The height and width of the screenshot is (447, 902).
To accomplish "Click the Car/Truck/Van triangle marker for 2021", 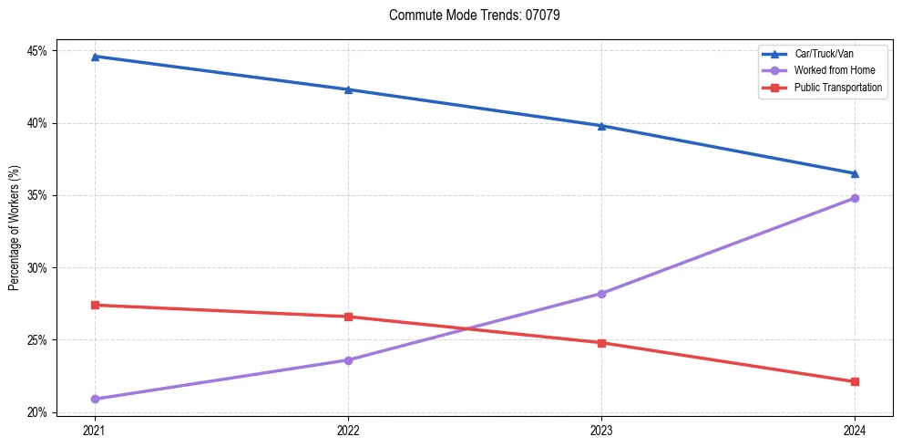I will pos(95,57).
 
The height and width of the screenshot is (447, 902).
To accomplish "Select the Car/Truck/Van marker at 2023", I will pos(601,126).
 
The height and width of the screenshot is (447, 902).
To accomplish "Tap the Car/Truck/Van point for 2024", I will pos(855,173).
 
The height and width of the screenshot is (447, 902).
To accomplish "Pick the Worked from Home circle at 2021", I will pos(95,399).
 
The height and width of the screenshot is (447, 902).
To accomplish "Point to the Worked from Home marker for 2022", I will pos(348,360).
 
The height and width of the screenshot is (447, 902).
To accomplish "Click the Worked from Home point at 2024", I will pos(855,198).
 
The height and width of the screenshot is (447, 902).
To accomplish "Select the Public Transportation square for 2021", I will pos(95,305).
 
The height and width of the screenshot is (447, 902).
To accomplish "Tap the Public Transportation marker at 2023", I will pos(601,343).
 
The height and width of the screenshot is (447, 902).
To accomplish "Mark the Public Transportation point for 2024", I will pos(855,381).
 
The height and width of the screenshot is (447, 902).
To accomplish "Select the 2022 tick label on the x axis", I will pos(348,430).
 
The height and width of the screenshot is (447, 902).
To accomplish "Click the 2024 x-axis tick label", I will pos(855,430).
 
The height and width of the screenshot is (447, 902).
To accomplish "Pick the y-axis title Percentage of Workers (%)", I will pos(15,228).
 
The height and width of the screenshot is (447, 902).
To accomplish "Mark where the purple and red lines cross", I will pos(467,328).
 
